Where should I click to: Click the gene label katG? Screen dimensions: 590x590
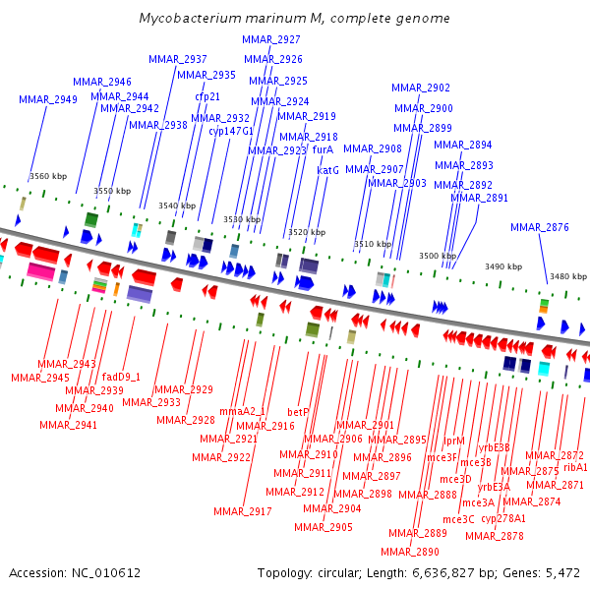[327, 170]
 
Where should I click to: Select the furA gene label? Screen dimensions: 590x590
[323, 149]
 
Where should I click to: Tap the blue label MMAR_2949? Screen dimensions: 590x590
[48, 99]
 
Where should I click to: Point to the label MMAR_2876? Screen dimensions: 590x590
[540, 227]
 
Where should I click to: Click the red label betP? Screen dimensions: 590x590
[298, 412]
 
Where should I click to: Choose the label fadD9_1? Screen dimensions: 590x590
[121, 377]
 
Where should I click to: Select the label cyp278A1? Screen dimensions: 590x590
[503, 518]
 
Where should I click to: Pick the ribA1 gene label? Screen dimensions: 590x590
[575, 467]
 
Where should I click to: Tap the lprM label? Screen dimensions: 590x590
[454, 441]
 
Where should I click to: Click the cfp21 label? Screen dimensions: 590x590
[207, 96]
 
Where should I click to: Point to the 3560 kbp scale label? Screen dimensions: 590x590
[48, 176]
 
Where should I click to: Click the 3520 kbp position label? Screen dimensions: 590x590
[307, 232]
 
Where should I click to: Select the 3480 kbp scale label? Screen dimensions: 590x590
[568, 276]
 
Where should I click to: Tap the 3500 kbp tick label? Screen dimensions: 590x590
[438, 256]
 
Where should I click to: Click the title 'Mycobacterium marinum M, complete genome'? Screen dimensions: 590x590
[295, 18]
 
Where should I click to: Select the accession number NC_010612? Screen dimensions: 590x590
[106, 573]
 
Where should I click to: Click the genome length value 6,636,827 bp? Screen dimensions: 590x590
[443, 573]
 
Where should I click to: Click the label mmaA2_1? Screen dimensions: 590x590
[242, 411]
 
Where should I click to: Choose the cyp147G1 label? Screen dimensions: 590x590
[231, 131]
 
